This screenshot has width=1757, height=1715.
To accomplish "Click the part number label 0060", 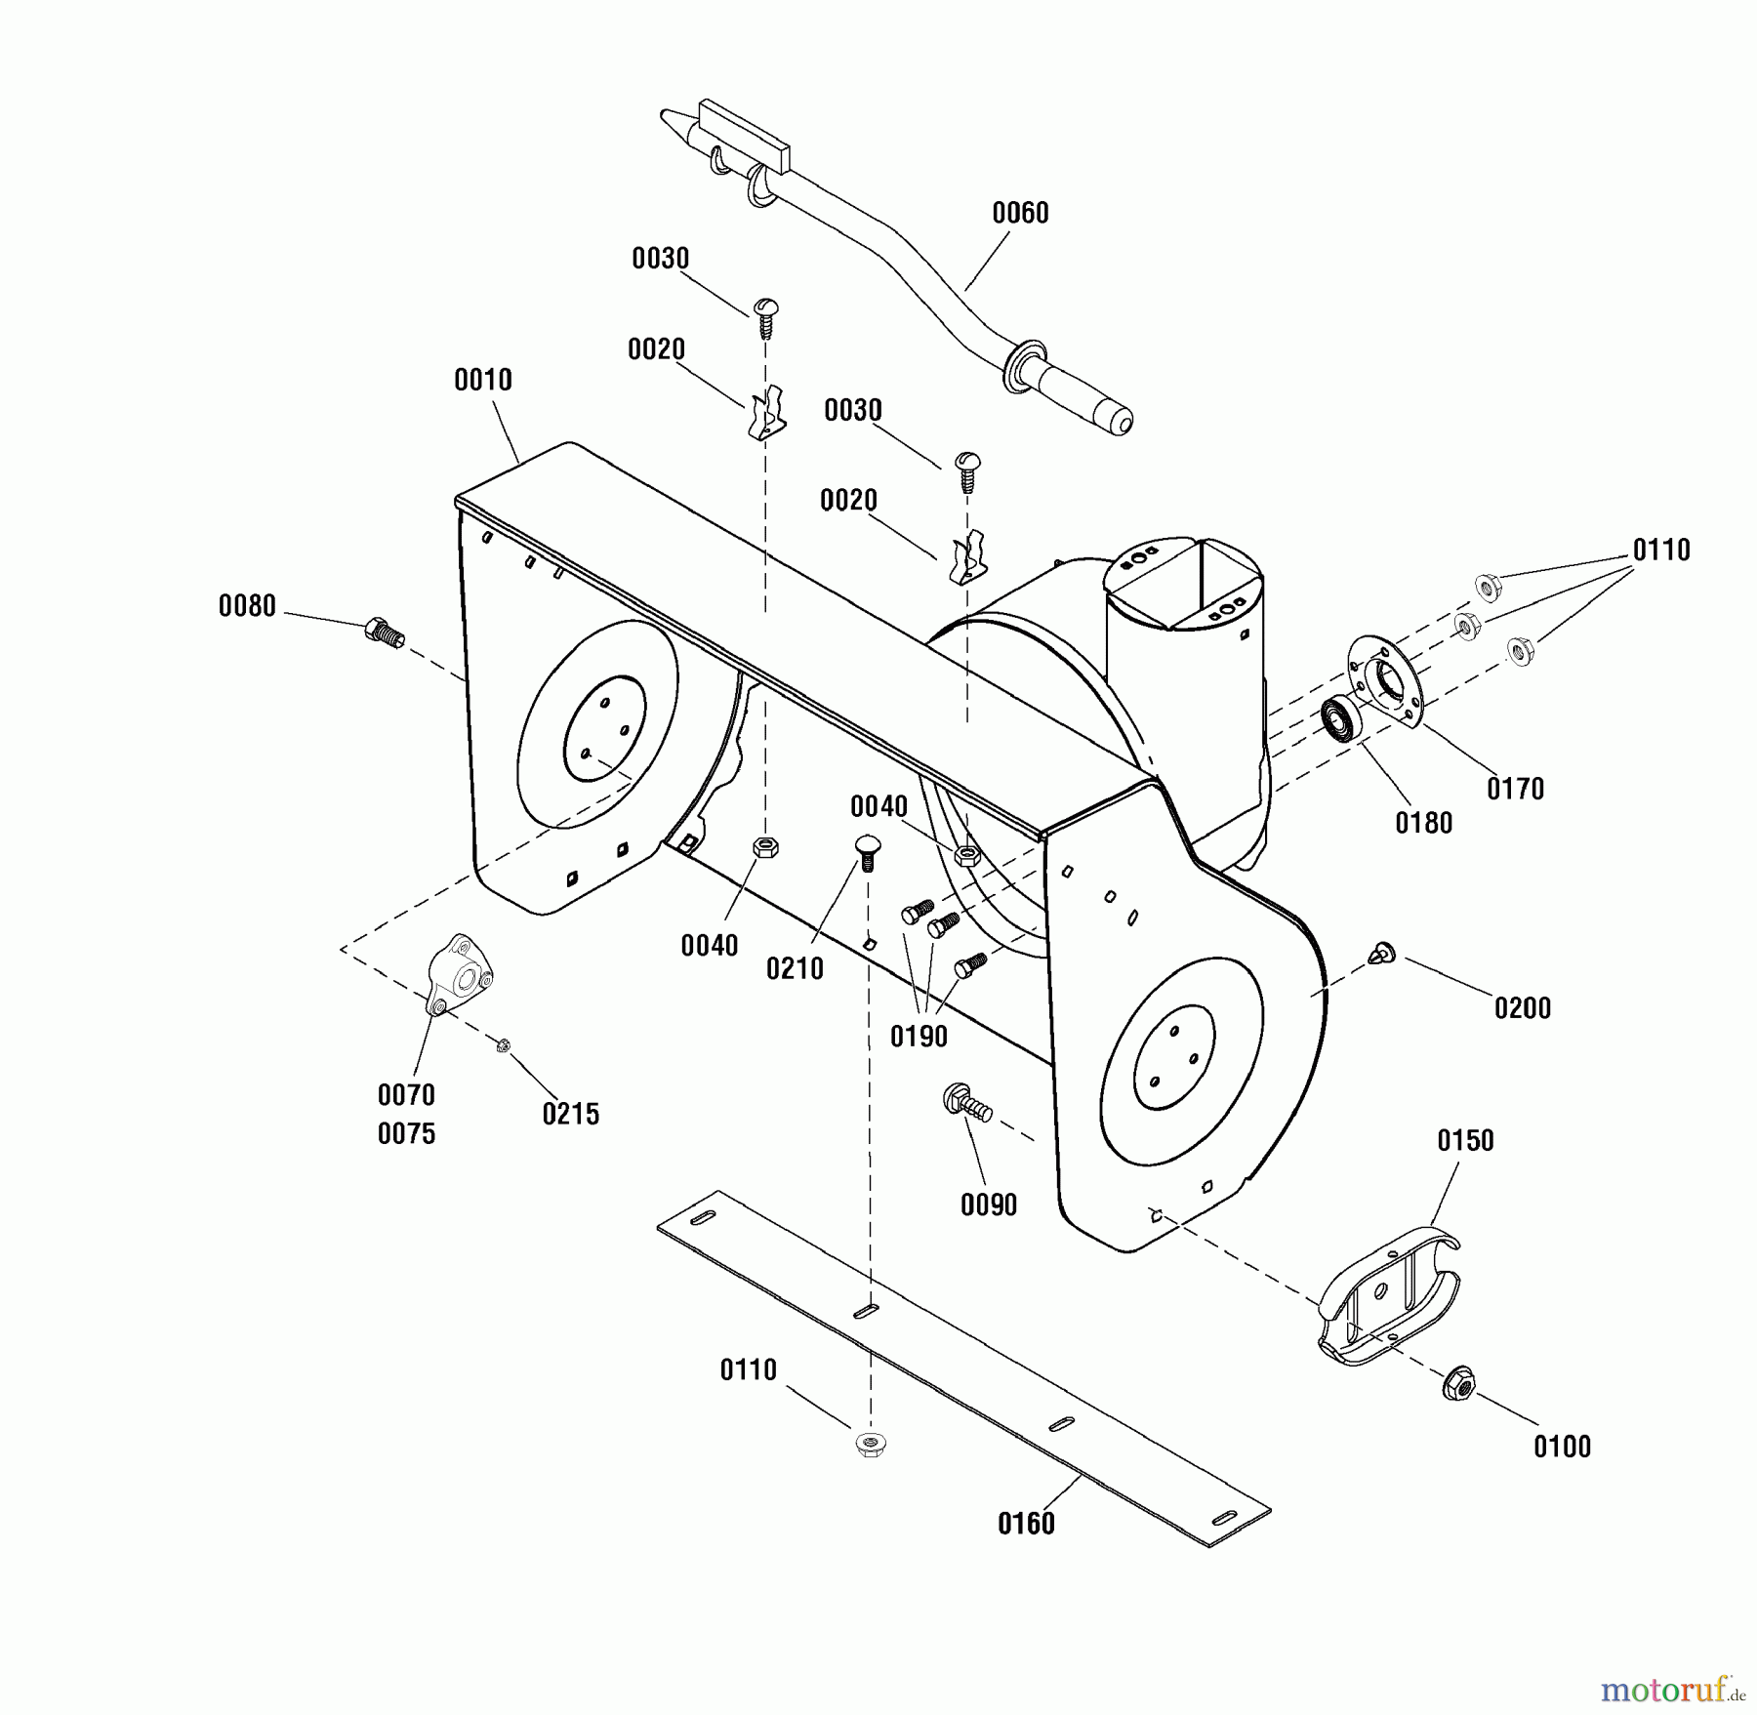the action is [x=1020, y=213].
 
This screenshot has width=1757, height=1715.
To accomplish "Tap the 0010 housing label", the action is [x=483, y=380].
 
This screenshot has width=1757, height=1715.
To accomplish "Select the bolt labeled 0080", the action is [x=383, y=633].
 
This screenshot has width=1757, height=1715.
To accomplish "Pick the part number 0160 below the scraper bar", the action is [x=1026, y=1523].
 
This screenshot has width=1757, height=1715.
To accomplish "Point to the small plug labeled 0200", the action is [x=1382, y=954].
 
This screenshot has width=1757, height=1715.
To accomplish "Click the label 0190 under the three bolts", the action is [x=919, y=1037].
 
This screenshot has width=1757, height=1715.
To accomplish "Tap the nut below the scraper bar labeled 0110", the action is [x=869, y=1444].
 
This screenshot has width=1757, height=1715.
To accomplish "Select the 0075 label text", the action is [x=406, y=1133].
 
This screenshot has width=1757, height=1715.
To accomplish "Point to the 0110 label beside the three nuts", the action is [x=1661, y=551].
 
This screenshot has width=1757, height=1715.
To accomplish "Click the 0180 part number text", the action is [x=1424, y=823].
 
